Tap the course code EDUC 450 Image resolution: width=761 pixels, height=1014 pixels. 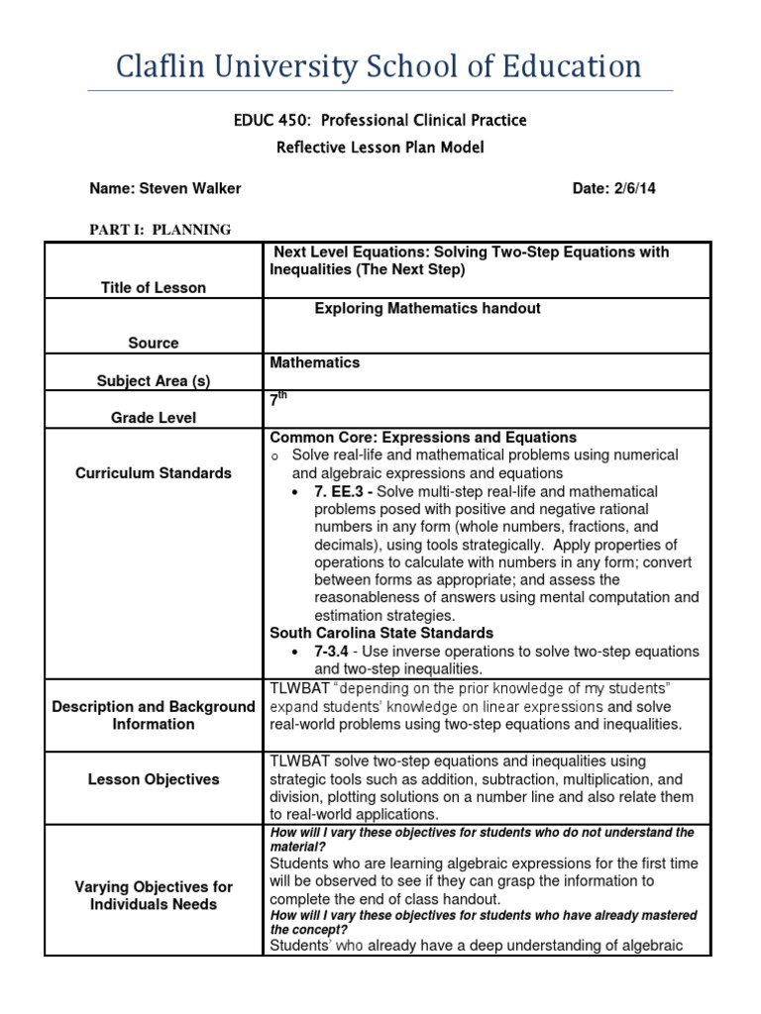pos(266,120)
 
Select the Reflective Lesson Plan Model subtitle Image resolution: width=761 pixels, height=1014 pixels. pos(380,148)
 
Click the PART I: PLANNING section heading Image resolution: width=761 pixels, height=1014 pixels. pos(161,230)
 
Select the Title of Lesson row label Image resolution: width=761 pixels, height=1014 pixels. pos(154,287)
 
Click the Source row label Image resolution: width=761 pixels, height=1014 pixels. pos(154,343)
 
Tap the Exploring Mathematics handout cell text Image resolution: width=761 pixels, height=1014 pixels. pos(427,308)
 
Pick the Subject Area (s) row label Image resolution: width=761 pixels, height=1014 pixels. pos(154,380)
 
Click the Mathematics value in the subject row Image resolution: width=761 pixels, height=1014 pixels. pos(315,362)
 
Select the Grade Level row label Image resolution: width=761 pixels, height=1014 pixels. pos(154,418)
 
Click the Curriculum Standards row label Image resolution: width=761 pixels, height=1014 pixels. pos(154,473)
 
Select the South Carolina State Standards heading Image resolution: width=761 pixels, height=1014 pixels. pos(381,633)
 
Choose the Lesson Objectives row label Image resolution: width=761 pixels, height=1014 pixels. pos(154,779)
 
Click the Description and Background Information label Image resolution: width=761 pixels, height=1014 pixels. pos(154,715)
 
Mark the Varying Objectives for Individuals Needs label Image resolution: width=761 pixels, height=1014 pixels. pos(154,895)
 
